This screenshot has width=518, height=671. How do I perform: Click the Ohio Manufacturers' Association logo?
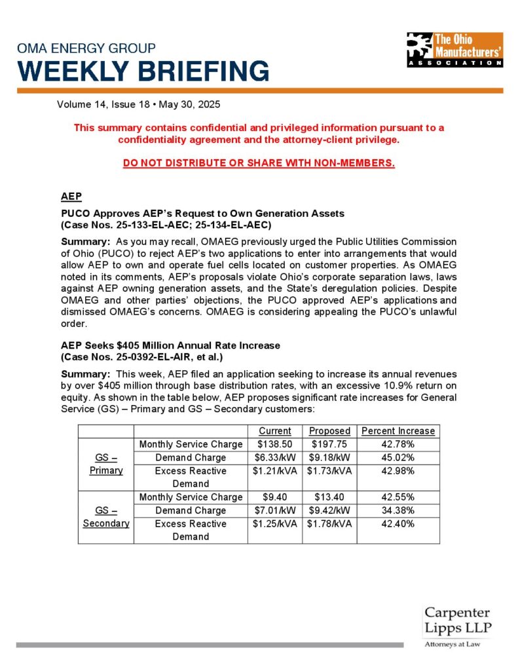pyautogui.click(x=454, y=50)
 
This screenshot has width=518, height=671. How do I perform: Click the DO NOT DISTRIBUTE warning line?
pyautogui.click(x=259, y=163)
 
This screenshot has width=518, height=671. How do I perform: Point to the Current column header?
pyautogui.click(x=274, y=431)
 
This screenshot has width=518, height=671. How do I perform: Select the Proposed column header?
pyautogui.click(x=329, y=431)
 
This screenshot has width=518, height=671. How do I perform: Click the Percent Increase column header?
pyautogui.click(x=398, y=431)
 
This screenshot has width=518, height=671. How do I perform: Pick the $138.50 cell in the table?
pyautogui.click(x=274, y=444)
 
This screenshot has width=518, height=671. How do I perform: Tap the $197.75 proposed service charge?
pyautogui.click(x=329, y=444)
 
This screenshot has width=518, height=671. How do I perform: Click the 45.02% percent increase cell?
pyautogui.click(x=398, y=457)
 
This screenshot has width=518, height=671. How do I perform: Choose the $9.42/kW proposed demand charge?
pyautogui.click(x=329, y=510)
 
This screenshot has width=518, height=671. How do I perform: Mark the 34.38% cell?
pyautogui.click(x=398, y=510)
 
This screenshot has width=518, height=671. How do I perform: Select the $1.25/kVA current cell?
pyautogui.click(x=274, y=524)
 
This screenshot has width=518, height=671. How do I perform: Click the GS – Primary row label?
pyautogui.click(x=105, y=464)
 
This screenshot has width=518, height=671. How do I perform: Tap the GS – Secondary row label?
pyautogui.click(x=105, y=517)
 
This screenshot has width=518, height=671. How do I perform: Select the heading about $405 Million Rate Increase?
pyautogui.click(x=171, y=345)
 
